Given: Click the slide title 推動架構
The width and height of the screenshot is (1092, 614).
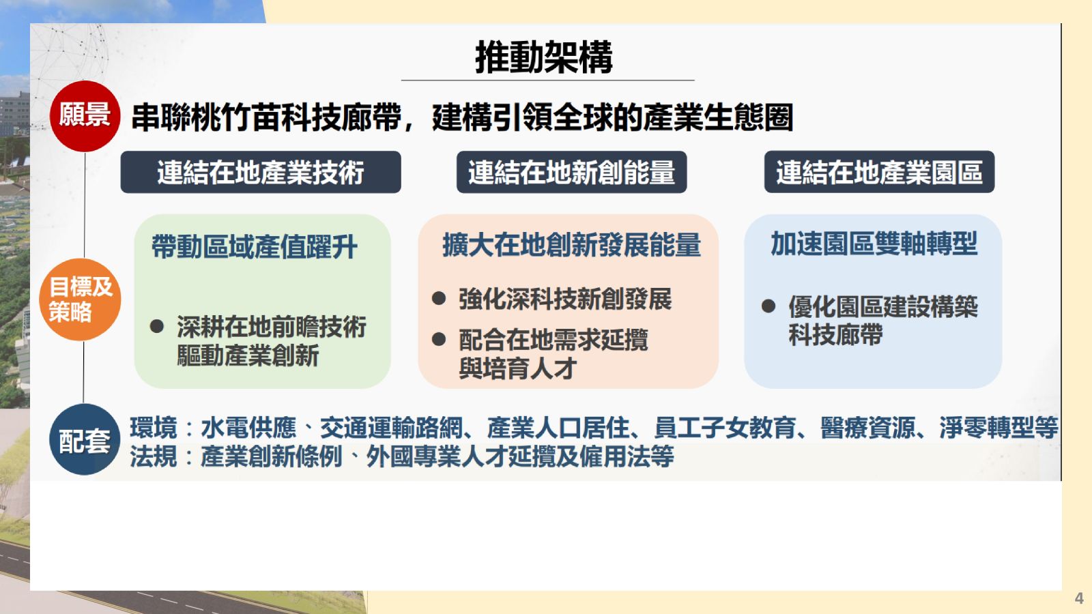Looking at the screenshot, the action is coord(543,57).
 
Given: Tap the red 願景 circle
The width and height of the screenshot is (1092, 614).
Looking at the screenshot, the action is coord(85,116).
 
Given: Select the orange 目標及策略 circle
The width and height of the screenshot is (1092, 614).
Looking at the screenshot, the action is coord(80,299).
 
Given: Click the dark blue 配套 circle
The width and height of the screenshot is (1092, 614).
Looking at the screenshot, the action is coord(85,439).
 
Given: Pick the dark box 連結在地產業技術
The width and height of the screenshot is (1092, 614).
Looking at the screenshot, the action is coord(261,172).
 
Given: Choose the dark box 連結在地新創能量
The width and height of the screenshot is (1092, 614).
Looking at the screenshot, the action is coord(571,172).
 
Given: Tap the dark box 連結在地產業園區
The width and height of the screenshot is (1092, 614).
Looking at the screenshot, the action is coord(879,172).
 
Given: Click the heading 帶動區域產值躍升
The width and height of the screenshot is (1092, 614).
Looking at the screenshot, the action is coord(255,246).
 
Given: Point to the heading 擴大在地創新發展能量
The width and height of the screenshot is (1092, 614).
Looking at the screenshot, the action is coord(571,245).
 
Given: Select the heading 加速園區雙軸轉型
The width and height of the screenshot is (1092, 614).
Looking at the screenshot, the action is coord(874,243).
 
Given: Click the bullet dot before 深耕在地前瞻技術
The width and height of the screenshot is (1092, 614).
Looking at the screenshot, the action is coord(157,326).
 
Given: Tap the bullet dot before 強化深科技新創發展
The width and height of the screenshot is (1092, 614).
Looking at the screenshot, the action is coord(439,298).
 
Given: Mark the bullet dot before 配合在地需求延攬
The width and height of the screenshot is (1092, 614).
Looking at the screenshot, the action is coord(439,339).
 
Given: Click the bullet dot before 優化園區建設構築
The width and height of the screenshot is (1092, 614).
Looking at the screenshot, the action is coord(768,306).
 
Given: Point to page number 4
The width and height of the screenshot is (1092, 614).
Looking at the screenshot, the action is coord(1079,598).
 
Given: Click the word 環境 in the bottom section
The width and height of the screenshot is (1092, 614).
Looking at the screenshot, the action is coord(154,428).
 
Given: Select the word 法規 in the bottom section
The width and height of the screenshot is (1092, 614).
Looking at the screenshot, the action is coord(154,456).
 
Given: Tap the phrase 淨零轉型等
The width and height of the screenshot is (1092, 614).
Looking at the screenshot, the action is coord(999,428).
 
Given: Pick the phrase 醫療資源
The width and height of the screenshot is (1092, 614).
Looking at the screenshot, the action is coord(867,428).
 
